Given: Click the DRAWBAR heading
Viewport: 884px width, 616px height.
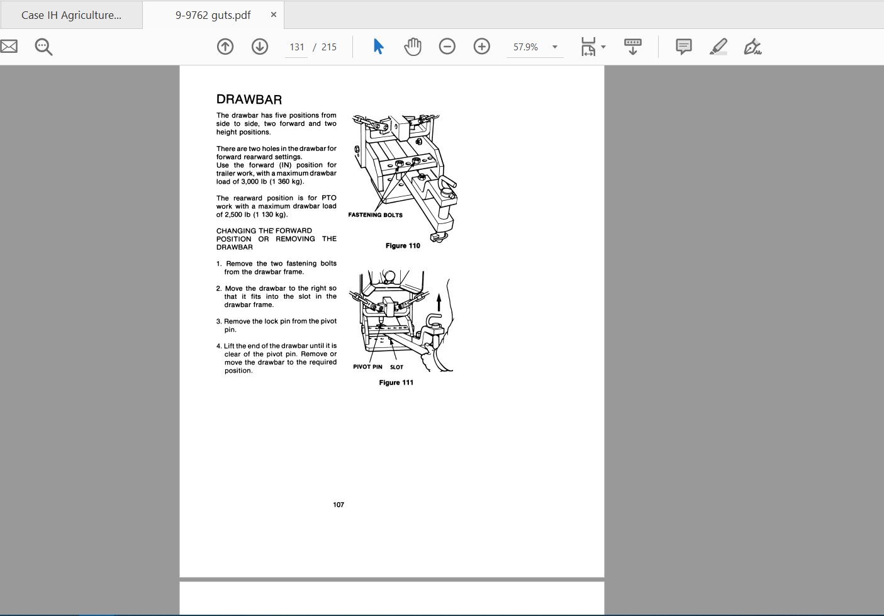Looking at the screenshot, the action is click(249, 99).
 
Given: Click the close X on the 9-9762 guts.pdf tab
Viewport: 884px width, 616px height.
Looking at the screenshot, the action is click(274, 14).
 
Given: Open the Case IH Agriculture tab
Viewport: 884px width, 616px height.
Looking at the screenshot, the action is click(71, 15).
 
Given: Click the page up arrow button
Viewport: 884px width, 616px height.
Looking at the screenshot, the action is click(225, 47).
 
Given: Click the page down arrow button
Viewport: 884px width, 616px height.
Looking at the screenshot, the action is click(260, 47).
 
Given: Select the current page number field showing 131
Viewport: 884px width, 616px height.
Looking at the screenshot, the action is click(297, 47).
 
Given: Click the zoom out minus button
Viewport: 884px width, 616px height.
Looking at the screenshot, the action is click(447, 47).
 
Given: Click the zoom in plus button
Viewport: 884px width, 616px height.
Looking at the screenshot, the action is click(482, 47).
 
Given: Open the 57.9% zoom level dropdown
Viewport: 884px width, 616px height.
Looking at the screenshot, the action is click(555, 47).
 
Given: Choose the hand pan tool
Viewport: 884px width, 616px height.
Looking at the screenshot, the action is click(413, 47).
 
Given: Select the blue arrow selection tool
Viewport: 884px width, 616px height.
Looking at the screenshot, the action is click(378, 47).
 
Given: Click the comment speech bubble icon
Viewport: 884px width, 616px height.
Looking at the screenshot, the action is click(683, 47).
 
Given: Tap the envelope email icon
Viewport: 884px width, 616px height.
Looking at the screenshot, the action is click(9, 47).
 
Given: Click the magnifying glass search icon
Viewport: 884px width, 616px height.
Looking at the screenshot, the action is click(43, 47).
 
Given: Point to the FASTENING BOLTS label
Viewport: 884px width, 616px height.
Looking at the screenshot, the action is click(375, 215).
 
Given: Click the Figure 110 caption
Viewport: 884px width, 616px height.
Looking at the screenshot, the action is click(403, 245).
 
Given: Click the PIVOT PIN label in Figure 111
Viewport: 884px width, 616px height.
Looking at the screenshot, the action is click(367, 367).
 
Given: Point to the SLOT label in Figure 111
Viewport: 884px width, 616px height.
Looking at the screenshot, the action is click(396, 367).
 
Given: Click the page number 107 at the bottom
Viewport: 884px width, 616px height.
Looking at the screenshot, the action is click(338, 505).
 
